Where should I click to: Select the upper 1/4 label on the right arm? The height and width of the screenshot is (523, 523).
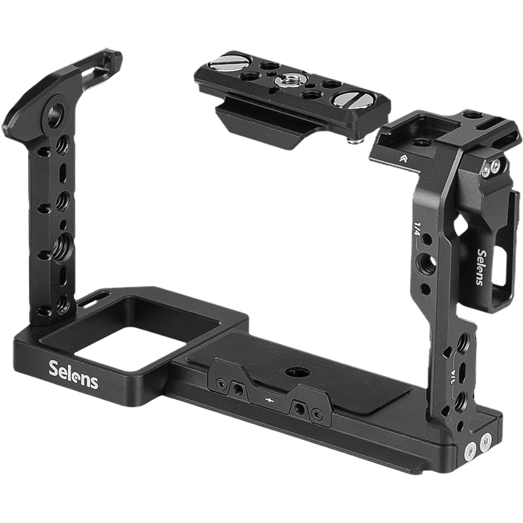pyautogui.click(x=417, y=229)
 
